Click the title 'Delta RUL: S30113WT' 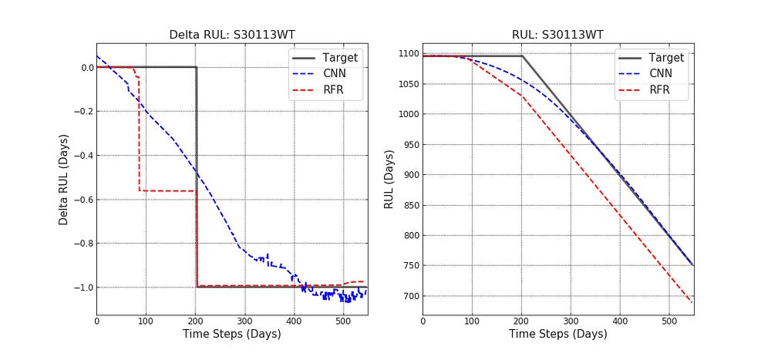point(232,35)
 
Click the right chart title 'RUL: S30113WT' point(557,35)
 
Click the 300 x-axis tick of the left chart point(244,321)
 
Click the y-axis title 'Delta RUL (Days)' point(64,180)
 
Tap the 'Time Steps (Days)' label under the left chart point(231,335)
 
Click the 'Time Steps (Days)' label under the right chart point(557,335)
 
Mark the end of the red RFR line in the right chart point(692,302)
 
